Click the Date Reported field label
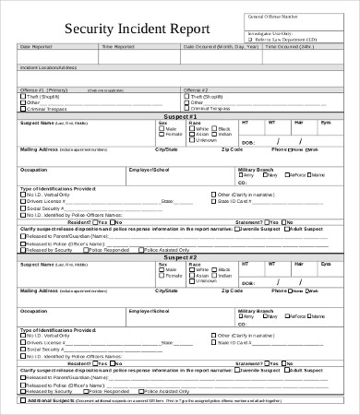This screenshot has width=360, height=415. click(38, 45)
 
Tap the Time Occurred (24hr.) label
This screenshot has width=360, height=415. click(287, 45)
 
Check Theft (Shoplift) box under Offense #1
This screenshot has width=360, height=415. click(22, 95)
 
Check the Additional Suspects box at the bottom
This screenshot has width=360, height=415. click(21, 402)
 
